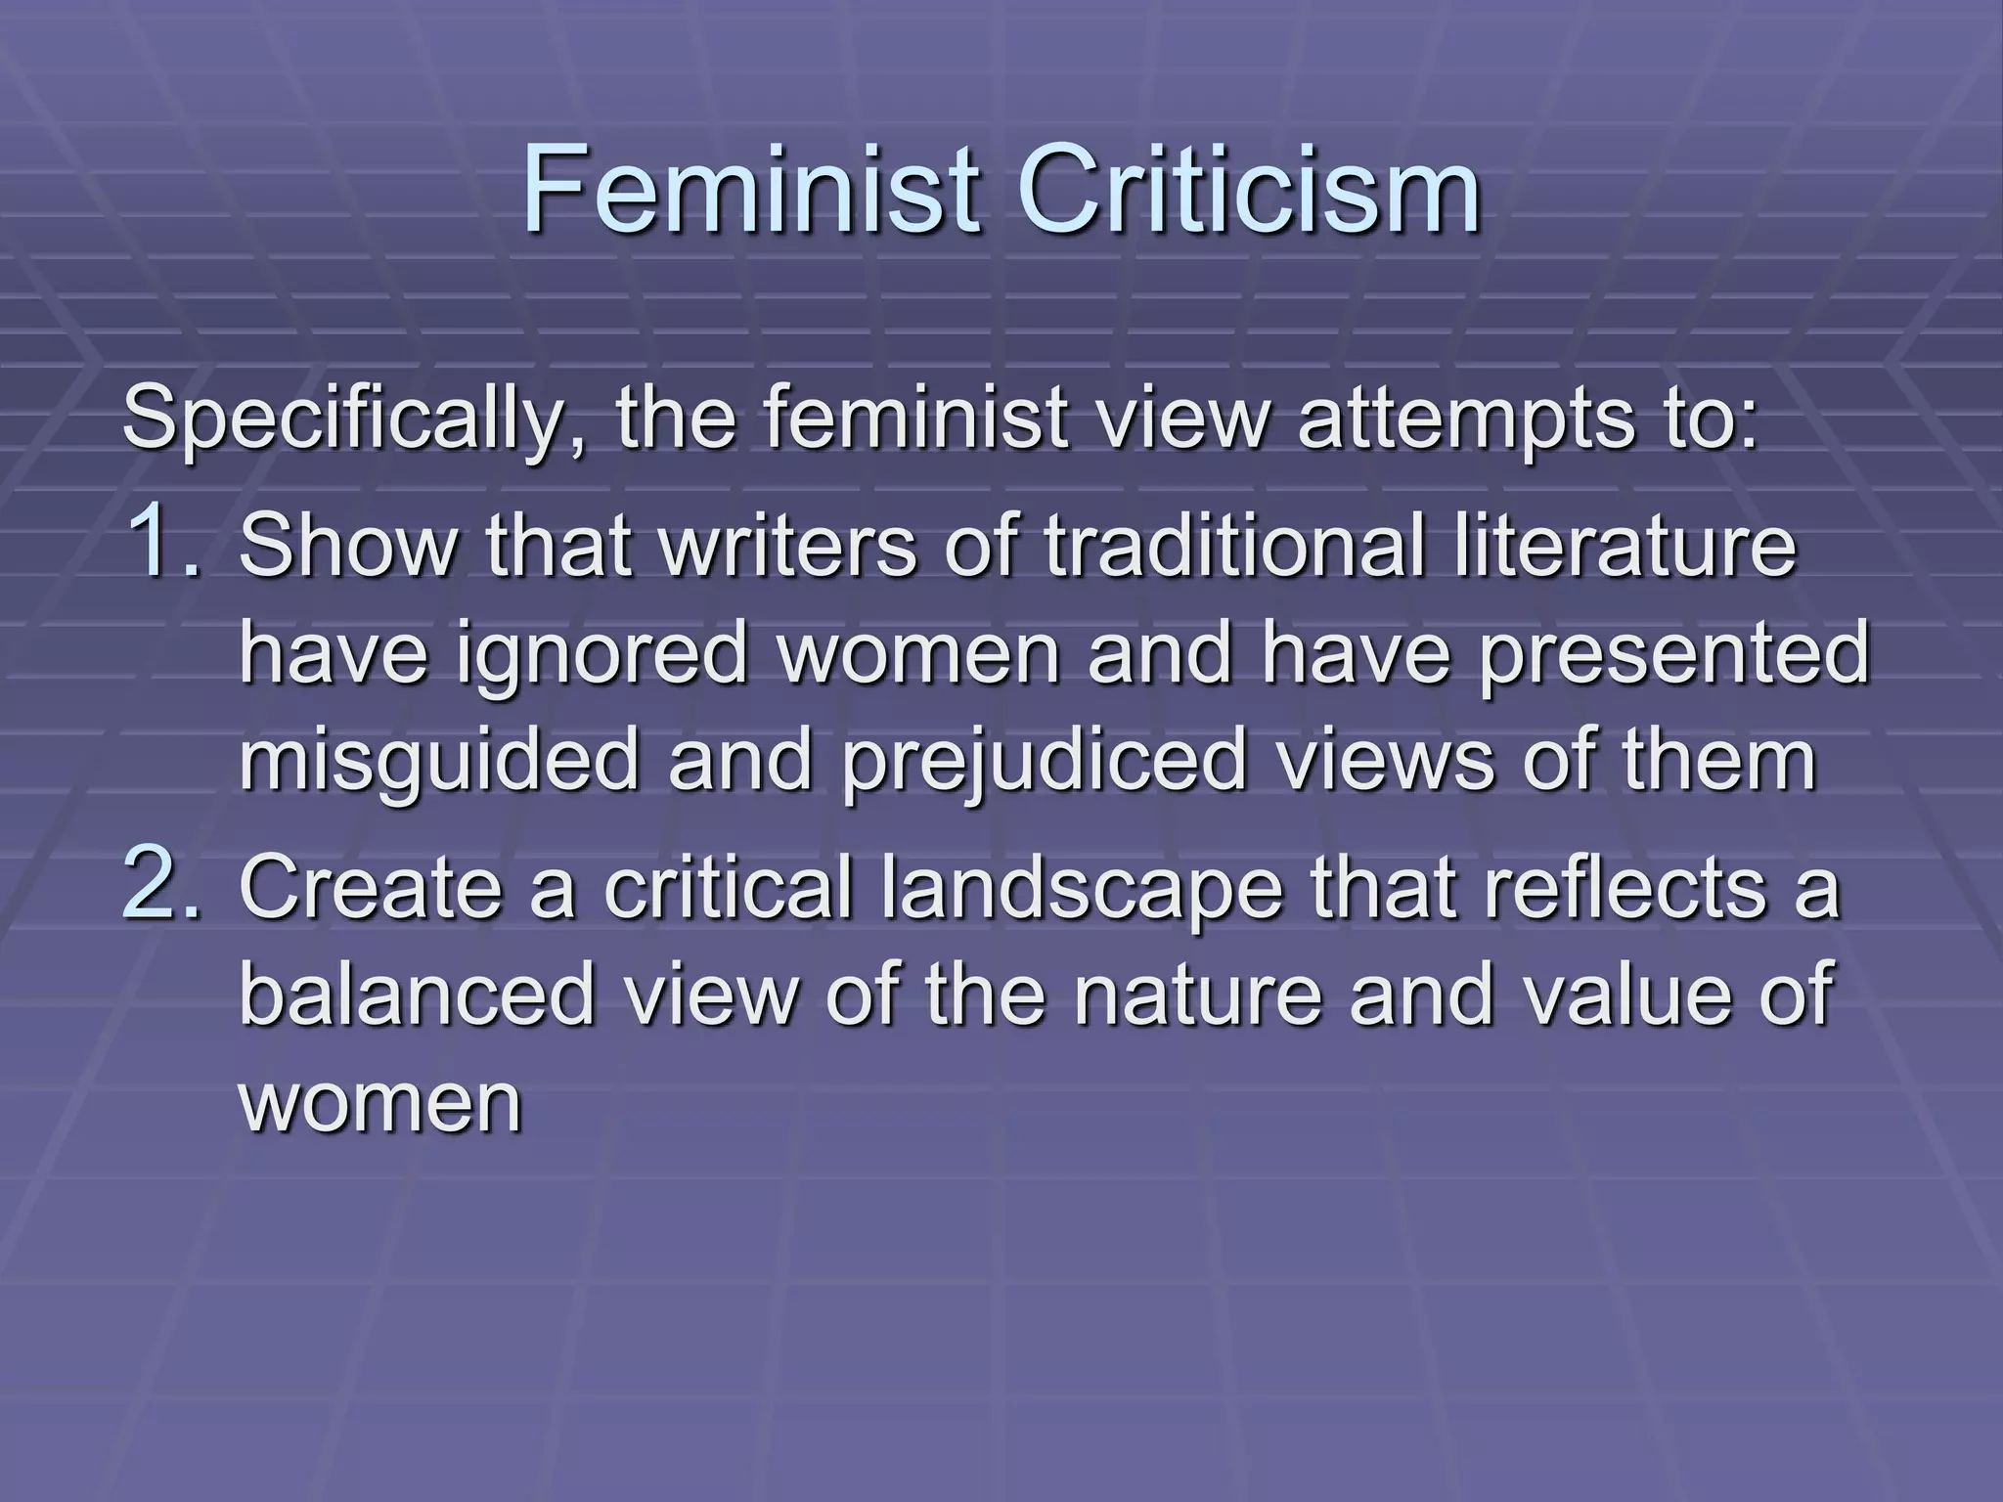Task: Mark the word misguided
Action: click(x=439, y=763)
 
